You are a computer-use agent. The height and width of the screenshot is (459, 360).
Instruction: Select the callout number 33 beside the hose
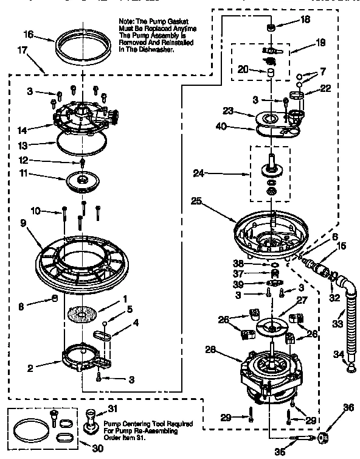[x=337, y=324]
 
